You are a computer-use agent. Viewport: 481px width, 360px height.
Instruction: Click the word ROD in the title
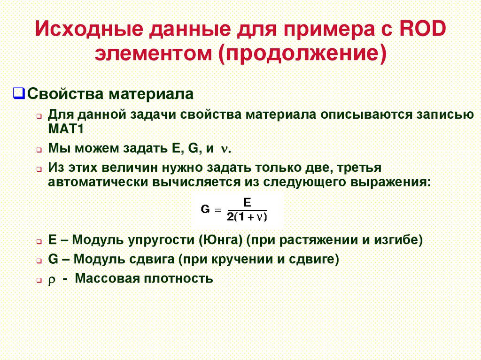(421, 30)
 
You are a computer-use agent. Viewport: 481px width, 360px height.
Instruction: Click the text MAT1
(66, 129)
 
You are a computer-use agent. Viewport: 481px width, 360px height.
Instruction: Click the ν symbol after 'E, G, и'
(225, 149)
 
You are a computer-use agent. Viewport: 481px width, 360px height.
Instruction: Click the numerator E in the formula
(246, 203)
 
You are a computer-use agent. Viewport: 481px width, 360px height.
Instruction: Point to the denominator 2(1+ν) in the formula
(246, 217)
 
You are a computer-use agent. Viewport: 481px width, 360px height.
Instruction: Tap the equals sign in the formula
(217, 210)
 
